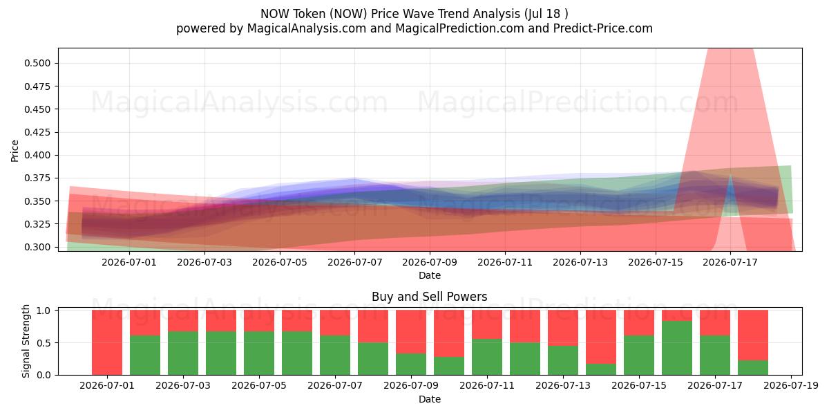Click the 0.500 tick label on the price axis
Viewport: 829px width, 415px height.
click(37, 63)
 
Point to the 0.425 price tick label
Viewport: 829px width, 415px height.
click(37, 132)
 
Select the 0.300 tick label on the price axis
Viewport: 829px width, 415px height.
click(37, 247)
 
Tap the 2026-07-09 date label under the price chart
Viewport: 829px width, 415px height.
click(430, 262)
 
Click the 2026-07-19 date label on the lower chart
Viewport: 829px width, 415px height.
click(791, 386)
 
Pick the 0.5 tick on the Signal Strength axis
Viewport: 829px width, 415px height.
click(44, 343)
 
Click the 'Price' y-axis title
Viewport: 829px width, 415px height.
click(15, 151)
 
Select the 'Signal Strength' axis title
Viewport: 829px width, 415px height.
click(26, 341)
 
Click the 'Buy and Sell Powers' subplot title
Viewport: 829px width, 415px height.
click(429, 297)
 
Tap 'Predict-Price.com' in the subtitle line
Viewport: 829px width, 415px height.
click(603, 28)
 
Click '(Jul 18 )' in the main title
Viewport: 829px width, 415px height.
click(546, 14)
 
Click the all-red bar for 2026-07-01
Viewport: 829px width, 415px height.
click(107, 342)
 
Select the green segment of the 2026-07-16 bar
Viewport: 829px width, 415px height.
click(677, 348)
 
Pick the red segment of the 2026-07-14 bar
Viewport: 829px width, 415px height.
click(601, 337)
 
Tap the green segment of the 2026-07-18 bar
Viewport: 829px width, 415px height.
click(753, 367)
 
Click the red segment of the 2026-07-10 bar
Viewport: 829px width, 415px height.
click(449, 333)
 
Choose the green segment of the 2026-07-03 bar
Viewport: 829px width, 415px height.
click(183, 353)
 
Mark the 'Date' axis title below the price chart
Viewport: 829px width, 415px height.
click(430, 276)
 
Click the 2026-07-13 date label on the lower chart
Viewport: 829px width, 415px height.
click(563, 386)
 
